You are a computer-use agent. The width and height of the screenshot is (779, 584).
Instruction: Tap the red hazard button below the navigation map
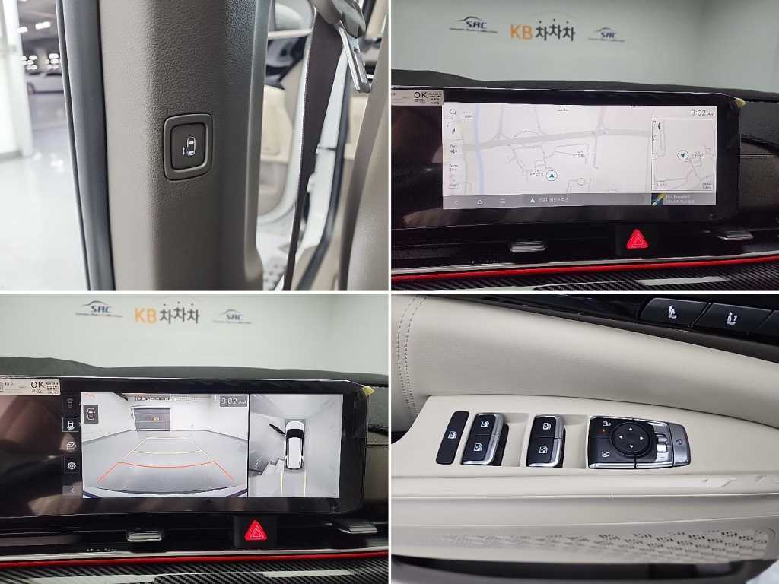click(x=637, y=240)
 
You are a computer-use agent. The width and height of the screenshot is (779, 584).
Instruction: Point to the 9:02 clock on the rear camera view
click(x=232, y=400)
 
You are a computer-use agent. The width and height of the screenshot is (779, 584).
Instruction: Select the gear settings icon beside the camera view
click(x=72, y=465)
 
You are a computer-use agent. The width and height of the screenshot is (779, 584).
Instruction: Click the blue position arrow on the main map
click(x=552, y=176)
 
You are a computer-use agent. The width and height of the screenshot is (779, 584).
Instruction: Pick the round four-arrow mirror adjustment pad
click(x=631, y=439)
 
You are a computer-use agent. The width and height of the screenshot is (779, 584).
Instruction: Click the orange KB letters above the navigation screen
click(x=521, y=31)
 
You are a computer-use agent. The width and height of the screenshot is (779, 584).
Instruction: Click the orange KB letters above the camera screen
click(x=145, y=314)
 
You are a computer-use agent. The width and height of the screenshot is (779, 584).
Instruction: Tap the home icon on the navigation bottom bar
click(x=480, y=202)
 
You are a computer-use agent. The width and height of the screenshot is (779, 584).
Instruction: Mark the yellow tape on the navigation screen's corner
click(x=739, y=101)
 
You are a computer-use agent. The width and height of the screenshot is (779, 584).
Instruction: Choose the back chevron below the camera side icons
click(x=72, y=490)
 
